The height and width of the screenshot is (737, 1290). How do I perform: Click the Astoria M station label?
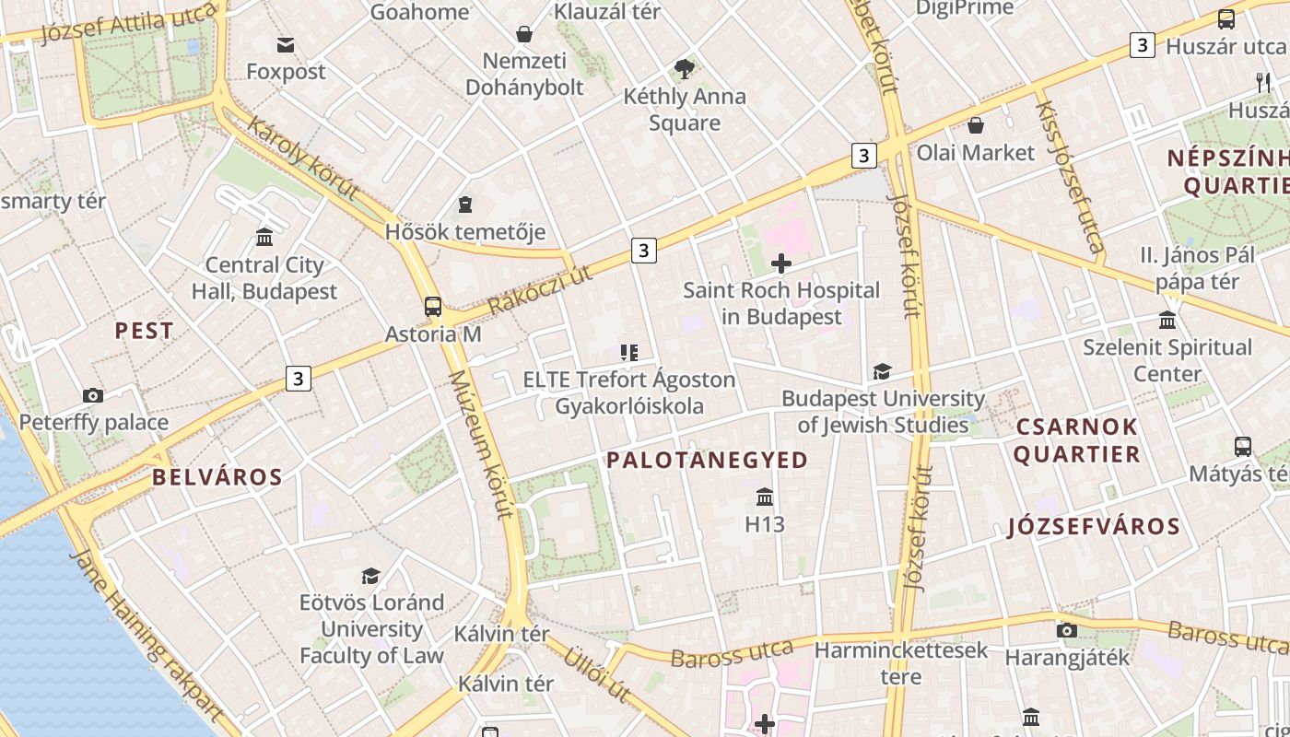tap(433, 333)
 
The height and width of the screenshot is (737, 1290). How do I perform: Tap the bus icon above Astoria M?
tap(433, 306)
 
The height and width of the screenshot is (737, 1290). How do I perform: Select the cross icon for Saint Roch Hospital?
tap(781, 264)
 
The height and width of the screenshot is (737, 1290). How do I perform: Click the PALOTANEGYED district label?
tap(707, 460)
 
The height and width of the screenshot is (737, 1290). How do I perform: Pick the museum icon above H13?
tap(765, 497)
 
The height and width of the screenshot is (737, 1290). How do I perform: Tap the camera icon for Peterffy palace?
tap(93, 395)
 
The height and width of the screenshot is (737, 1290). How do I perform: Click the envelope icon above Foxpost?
tap(286, 44)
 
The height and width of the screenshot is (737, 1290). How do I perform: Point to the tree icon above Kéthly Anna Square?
tap(684, 68)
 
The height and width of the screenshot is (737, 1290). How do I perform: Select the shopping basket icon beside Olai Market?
tap(976, 125)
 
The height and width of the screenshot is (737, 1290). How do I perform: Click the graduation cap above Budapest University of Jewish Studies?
tap(882, 372)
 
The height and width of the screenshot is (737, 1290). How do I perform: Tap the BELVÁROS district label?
tap(217, 477)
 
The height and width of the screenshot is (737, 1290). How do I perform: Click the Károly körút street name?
tap(301, 158)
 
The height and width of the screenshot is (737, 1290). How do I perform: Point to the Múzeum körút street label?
tap(480, 444)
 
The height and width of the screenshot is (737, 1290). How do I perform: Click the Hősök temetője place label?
tap(465, 231)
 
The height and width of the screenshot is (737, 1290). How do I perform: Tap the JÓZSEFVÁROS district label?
tap(1094, 526)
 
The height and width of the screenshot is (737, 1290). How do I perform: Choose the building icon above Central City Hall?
tap(264, 238)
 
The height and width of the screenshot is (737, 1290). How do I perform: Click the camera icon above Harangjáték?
tap(1066, 630)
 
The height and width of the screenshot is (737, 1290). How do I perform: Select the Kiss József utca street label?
tap(1069, 177)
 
